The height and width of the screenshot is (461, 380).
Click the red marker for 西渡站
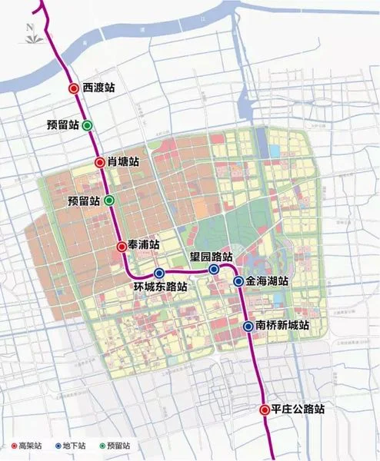[x=73, y=88]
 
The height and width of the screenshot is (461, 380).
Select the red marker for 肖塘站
[x=100, y=162]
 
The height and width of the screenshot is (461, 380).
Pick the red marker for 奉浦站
[x=122, y=246]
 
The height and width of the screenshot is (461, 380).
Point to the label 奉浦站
[x=144, y=245]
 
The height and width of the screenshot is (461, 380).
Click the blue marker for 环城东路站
[x=159, y=273]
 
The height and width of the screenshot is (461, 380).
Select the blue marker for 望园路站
[x=214, y=270]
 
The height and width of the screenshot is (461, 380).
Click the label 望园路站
[x=212, y=257]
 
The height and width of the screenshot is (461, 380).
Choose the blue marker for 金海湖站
[x=239, y=282]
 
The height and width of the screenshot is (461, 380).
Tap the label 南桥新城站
[x=282, y=327]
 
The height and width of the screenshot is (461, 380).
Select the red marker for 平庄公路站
[x=264, y=409]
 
